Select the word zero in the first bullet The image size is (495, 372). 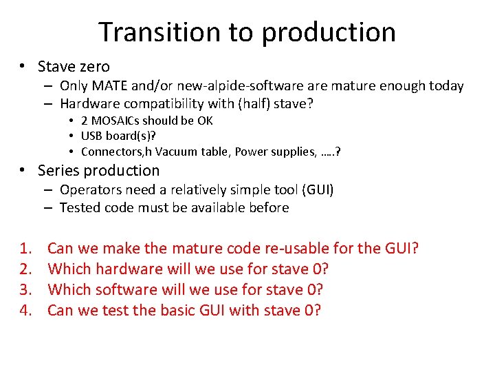(94, 67)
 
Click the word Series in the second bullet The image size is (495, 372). (57, 171)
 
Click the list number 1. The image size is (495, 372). (26, 248)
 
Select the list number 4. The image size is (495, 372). (26, 310)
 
